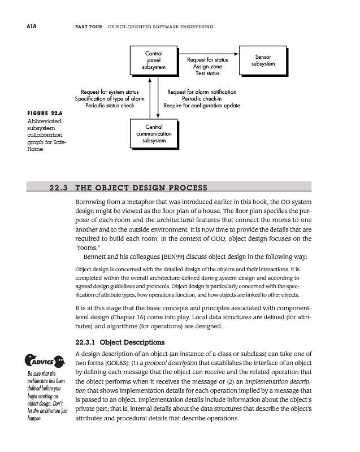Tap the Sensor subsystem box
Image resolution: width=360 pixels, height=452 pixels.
point(263,60)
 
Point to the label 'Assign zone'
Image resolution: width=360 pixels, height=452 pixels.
point(207,66)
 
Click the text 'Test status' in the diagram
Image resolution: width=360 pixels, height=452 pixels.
point(207,73)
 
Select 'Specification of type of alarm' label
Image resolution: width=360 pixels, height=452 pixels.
point(110,98)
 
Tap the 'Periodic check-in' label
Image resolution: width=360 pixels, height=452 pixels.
point(202,98)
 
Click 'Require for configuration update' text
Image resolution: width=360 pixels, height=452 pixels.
point(202,106)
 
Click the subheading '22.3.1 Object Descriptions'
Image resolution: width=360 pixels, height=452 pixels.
point(120,342)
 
